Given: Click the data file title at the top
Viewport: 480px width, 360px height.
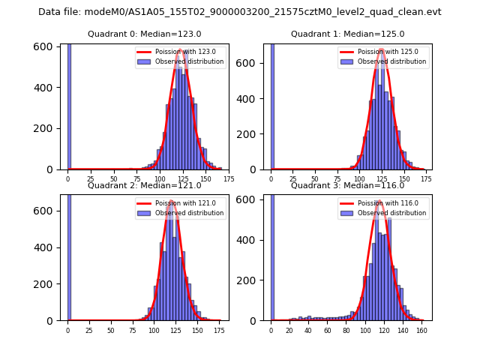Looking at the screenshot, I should coord(240,12).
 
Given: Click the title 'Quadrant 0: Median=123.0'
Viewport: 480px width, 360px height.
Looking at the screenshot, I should coord(144,34).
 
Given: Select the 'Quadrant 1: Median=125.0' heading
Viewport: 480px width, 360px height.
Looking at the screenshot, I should coord(347,34).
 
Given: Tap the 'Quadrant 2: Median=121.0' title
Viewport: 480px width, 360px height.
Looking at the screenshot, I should coord(144,185).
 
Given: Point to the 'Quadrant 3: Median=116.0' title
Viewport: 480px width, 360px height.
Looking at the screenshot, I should coord(347,185).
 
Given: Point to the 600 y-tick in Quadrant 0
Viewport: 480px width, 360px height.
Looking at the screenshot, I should coord(46,46).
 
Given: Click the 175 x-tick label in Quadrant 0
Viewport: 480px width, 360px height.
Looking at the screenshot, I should coord(229,179).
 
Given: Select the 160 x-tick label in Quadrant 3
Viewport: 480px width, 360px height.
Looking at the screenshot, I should coord(421,330).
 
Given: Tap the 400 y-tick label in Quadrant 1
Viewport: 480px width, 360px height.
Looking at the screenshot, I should coord(250,98).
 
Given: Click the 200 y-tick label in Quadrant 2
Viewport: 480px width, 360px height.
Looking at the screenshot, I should coord(46,284).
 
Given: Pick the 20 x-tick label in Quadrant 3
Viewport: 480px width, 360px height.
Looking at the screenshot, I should coord(289,330).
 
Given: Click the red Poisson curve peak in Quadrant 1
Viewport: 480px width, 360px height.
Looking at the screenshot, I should coord(381,49).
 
